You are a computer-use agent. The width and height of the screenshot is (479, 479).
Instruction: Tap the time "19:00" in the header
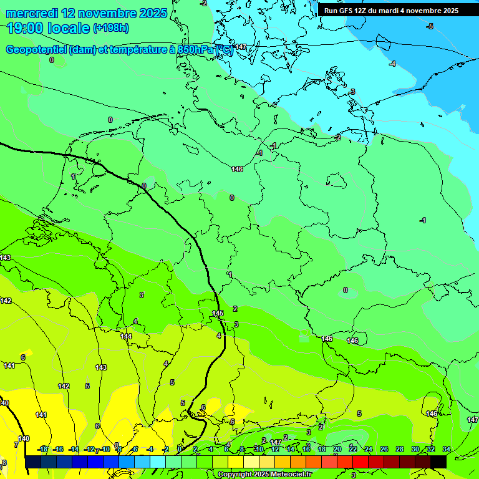point(26,28)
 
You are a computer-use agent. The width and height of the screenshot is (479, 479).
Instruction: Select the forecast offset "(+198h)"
point(111,28)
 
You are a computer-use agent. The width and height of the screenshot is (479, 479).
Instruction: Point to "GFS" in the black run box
point(346,11)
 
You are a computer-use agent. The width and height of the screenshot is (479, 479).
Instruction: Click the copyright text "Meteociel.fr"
point(289,475)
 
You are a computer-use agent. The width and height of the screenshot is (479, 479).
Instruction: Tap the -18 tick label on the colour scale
point(42,449)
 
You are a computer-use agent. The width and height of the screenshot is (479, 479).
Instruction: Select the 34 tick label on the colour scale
point(446,449)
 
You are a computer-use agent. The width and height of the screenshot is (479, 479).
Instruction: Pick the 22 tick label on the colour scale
point(352,449)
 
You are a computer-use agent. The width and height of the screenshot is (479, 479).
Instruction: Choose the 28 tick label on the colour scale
point(399,449)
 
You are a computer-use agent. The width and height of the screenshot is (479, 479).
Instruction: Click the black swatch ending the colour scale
point(438,462)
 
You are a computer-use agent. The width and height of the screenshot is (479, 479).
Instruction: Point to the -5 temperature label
point(429,26)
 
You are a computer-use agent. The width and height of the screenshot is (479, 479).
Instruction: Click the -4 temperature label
point(392,64)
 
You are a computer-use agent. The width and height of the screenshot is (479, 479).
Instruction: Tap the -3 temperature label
point(352,92)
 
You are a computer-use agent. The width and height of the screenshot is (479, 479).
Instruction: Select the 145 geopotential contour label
point(218,313)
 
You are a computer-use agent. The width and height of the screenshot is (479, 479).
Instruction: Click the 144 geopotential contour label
point(126,336)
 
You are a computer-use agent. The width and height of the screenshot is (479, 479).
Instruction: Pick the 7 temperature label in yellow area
point(16,445)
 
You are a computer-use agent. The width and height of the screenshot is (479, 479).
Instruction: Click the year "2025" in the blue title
point(152,13)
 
